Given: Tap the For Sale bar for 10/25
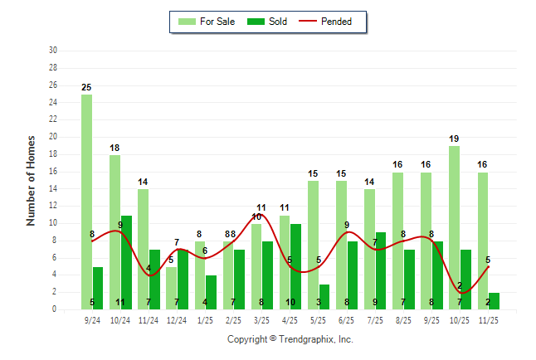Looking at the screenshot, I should click(x=455, y=227).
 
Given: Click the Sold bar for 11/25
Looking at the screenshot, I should click(x=494, y=300).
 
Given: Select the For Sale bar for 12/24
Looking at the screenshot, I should click(x=171, y=287).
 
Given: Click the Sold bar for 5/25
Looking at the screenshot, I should click(x=324, y=296).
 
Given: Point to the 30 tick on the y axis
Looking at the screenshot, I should click(x=52, y=51).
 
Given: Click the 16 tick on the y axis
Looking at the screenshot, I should click(x=52, y=171).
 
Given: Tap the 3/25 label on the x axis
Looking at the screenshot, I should click(x=262, y=319).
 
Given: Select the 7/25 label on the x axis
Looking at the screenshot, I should click(x=375, y=319).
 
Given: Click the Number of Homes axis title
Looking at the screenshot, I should click(x=31, y=180).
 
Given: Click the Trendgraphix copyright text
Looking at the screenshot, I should click(x=290, y=339).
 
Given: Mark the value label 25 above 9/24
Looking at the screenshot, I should click(x=86, y=87).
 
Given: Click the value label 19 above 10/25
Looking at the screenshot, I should click(x=455, y=139).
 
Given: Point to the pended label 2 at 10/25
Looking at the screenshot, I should click(x=460, y=285).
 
